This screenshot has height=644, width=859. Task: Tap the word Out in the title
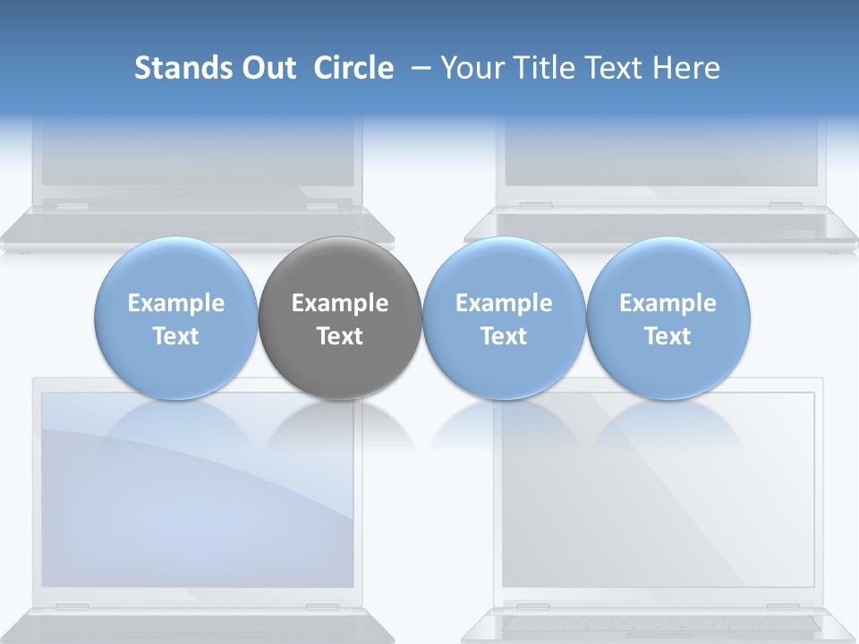[268, 68]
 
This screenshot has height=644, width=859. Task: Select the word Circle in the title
[353, 68]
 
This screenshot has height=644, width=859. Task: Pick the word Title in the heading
[542, 68]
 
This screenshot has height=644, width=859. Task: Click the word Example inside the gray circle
[340, 303]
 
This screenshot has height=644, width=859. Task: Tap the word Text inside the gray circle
[340, 336]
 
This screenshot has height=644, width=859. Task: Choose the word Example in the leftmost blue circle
[176, 303]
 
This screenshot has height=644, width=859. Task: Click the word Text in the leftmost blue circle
[176, 336]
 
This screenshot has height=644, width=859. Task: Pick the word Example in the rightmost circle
[668, 303]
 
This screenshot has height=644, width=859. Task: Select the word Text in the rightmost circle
[668, 336]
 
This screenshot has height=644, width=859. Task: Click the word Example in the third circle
[504, 303]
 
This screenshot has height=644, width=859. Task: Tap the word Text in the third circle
[504, 336]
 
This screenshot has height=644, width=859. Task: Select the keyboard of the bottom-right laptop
[658, 623]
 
